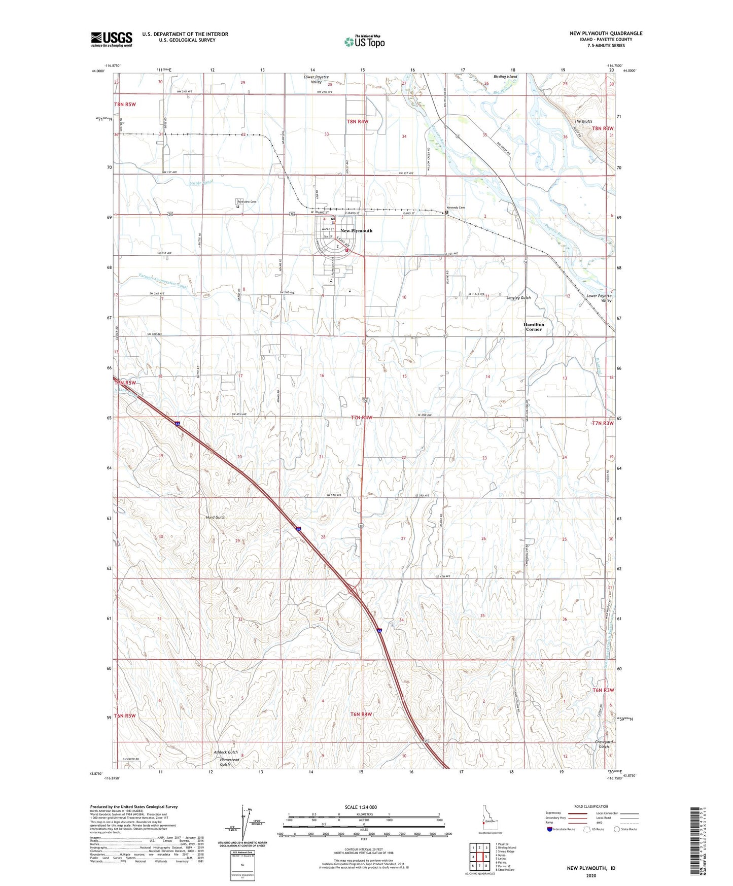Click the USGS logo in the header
(112, 39)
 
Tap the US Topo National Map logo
(364, 42)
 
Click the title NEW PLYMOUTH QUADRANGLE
(606, 33)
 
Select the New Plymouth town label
(356, 231)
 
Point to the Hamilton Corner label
(534, 327)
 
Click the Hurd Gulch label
(216, 517)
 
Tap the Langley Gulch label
(518, 298)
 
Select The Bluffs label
(583, 121)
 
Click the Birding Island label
(505, 77)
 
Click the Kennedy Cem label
(455, 208)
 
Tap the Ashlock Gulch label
(226, 752)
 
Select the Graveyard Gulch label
(604, 744)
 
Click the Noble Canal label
(201, 182)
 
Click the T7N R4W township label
(362, 418)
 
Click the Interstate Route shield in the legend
(550, 830)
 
